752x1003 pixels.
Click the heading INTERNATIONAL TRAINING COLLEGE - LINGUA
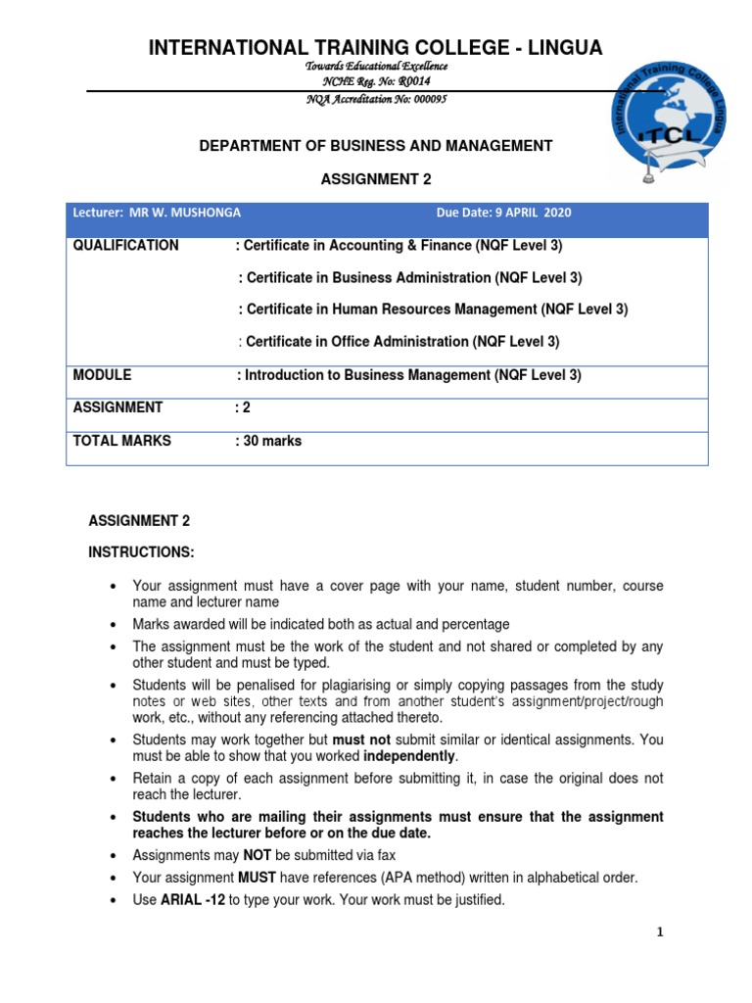375,47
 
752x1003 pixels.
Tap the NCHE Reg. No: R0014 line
376,81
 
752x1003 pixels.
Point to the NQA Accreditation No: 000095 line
376,100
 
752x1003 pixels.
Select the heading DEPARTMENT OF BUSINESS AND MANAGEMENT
376,146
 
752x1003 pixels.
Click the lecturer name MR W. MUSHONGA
186,213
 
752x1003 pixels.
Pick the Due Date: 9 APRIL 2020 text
503,213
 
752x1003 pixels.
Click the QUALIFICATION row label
125,246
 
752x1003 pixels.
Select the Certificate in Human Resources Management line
433,310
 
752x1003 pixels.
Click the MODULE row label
102,375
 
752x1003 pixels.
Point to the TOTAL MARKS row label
121,441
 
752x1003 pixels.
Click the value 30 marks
272,441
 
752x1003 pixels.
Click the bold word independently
409,758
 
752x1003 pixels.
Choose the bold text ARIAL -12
194,900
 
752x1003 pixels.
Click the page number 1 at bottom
660,932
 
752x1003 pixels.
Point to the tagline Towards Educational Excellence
376,66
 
